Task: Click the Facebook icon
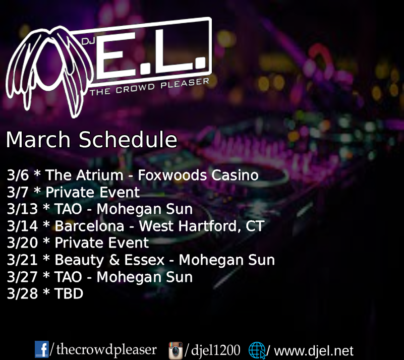click(42, 349)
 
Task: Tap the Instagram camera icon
click(176, 350)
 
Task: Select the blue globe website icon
click(257, 350)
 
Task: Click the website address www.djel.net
click(314, 351)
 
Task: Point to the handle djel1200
click(216, 350)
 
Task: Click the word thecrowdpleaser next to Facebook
click(106, 350)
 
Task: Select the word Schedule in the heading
click(128, 139)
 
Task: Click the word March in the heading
click(38, 139)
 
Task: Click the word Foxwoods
click(172, 175)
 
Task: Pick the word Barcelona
click(89, 226)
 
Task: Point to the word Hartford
click(208, 226)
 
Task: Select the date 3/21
click(22, 260)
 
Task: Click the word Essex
click(144, 260)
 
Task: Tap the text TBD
click(69, 293)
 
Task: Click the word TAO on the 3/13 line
click(68, 209)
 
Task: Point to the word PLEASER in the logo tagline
click(185, 83)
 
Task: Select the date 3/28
click(22, 293)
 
